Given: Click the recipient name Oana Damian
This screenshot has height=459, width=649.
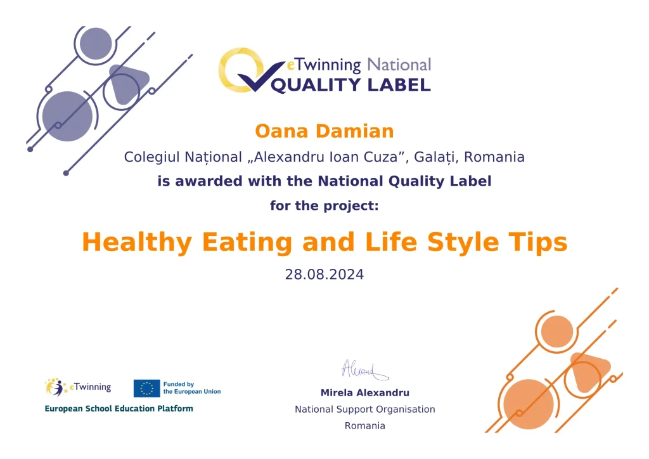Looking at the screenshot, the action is [324, 131].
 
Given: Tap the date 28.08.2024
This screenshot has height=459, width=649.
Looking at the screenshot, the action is [324, 275].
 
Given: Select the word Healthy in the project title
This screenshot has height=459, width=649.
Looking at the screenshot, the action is [137, 243].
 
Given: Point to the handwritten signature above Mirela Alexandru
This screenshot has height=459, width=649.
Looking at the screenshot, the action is [364, 370].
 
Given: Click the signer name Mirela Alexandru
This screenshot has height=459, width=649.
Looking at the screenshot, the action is [364, 392].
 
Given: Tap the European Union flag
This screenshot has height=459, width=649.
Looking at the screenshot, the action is [146, 388].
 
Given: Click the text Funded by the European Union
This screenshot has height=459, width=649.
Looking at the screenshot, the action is [192, 388].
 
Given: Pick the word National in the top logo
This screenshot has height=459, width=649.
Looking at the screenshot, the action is [399, 65].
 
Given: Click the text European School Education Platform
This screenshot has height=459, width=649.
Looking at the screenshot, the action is [119, 408].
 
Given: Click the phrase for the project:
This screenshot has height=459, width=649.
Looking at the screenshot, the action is [324, 205].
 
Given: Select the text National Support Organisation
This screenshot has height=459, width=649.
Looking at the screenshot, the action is [364, 410].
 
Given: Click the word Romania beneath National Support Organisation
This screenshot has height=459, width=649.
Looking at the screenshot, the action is [364, 425].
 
